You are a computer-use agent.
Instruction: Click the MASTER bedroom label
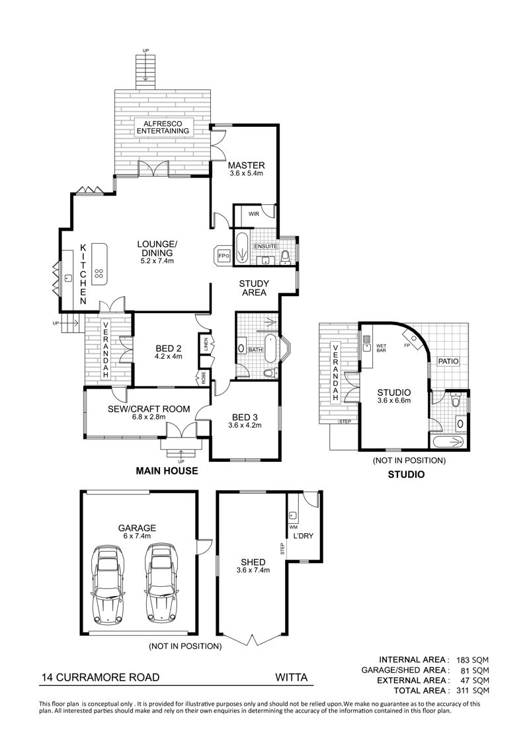[x=246, y=166]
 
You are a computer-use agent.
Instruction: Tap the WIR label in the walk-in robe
[x=253, y=214]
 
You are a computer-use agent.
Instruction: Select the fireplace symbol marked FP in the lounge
[x=223, y=256]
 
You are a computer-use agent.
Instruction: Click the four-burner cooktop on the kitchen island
[x=99, y=274]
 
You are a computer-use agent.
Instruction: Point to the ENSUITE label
[x=265, y=246]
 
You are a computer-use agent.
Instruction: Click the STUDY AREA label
[x=253, y=288]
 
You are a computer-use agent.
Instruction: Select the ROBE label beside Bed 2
[x=204, y=378]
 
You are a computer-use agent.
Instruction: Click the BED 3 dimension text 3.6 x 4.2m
[x=245, y=426]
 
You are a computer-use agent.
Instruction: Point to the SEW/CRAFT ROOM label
[x=149, y=409]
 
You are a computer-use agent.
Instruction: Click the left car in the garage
[x=109, y=585]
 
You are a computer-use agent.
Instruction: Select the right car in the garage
[x=161, y=585]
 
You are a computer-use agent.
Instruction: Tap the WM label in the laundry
[x=293, y=527]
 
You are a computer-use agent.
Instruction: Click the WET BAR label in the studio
[x=381, y=348]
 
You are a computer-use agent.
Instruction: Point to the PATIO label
[x=448, y=361]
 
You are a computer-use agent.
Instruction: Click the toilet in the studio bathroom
[x=456, y=400]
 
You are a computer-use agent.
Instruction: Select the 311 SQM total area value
[x=473, y=691]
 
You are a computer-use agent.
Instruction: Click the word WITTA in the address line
[x=291, y=677]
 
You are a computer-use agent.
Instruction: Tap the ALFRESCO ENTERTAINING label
[x=163, y=128]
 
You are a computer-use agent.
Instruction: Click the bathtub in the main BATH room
[x=270, y=350]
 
